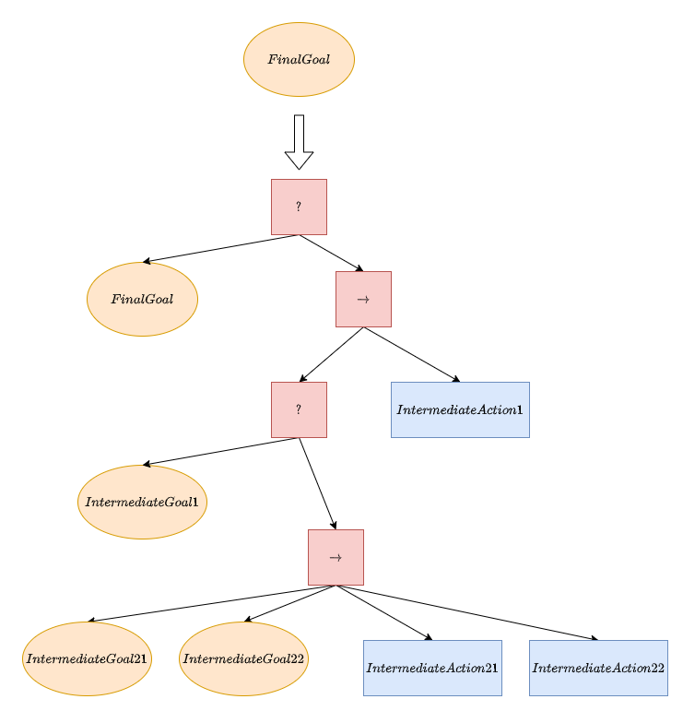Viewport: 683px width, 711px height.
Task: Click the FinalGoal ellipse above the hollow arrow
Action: [x=299, y=60]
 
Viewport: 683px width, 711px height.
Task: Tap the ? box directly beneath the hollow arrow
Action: [x=299, y=207]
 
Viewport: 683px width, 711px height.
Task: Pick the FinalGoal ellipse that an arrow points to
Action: [x=142, y=300]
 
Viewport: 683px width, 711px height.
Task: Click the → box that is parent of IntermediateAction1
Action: [x=363, y=300]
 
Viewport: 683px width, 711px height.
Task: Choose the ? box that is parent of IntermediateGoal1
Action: [x=299, y=410]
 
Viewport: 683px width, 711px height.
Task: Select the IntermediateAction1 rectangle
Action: [x=460, y=410]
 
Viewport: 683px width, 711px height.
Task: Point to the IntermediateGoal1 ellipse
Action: [x=142, y=503]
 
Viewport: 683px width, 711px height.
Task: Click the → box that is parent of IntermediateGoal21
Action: [x=336, y=558]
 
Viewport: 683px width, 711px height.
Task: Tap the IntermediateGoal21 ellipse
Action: [x=87, y=659]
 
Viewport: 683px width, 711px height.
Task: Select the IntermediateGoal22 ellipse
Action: [x=243, y=659]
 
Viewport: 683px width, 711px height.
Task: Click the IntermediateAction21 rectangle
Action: [x=432, y=668]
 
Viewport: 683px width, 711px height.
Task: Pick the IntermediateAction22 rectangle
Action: [x=598, y=668]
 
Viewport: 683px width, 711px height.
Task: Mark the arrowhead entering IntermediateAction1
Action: [x=455, y=379]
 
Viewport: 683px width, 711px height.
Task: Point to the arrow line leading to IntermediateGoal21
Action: [x=212, y=604]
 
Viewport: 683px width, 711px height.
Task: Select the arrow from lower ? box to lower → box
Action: [x=317, y=484]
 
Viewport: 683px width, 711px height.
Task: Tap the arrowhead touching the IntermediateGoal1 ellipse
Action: [x=147, y=465]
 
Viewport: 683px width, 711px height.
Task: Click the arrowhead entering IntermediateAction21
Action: [x=428, y=637]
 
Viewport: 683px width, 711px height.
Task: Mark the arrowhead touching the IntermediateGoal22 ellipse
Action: [x=249, y=621]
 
